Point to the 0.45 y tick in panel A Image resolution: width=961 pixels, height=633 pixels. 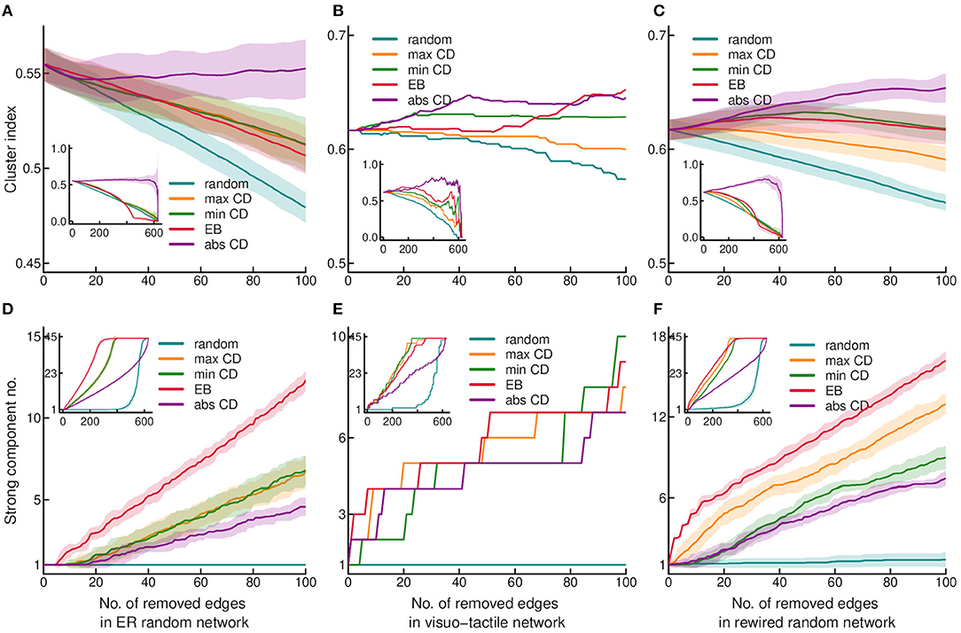pyautogui.click(x=23, y=263)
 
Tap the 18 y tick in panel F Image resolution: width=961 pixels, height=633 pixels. pyautogui.click(x=655, y=336)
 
